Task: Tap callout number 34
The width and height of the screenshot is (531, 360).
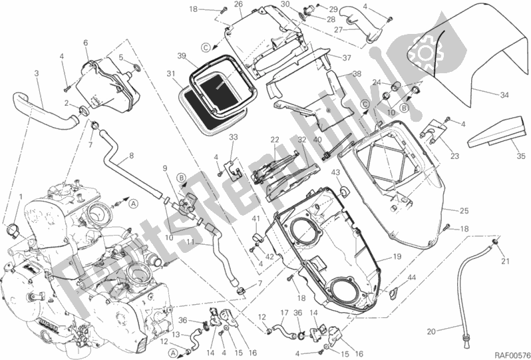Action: pyautogui.click(x=504, y=95)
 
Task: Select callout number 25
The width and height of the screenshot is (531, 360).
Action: pyautogui.click(x=464, y=211)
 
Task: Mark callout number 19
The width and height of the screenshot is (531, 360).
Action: pyautogui.click(x=395, y=256)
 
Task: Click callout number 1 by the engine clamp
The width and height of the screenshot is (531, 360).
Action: pyautogui.click(x=20, y=196)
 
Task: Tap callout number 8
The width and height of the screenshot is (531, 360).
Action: pyautogui.click(x=132, y=156)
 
